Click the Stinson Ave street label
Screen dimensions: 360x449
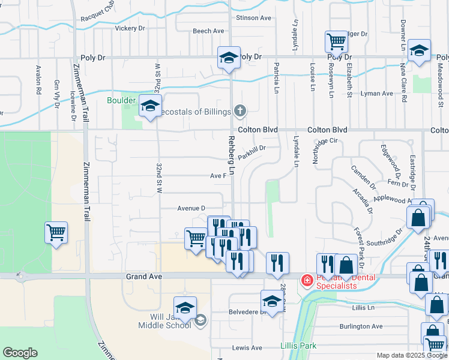click(x=254, y=18)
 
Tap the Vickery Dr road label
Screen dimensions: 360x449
click(x=130, y=28)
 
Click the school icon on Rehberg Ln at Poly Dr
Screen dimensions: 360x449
click(x=229, y=58)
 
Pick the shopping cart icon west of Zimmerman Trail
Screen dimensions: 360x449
click(x=56, y=232)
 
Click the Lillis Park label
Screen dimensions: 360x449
click(x=298, y=346)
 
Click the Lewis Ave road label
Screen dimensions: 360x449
click(x=247, y=348)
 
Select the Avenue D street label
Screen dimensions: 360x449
click(x=191, y=208)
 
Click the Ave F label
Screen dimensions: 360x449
click(x=217, y=176)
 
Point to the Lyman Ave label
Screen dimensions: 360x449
click(x=376, y=94)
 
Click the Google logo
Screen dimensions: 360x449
click(x=20, y=353)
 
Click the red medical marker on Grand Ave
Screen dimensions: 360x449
click(x=306, y=280)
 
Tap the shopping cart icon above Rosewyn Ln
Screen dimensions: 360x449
click(x=336, y=41)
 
